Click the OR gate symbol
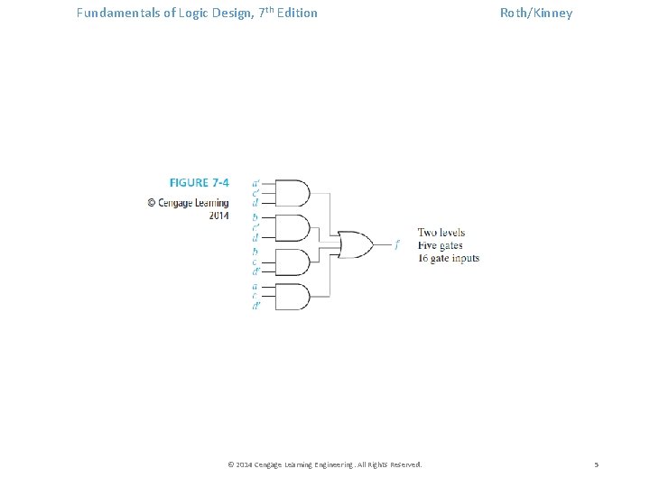(356, 244)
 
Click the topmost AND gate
(292, 192)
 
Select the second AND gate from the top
(292, 227)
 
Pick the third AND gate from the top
(292, 262)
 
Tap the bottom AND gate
(292, 297)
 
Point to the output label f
(397, 244)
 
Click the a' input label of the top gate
(255, 182)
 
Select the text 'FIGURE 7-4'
(199, 182)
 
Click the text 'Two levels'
(441, 233)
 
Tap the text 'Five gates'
(441, 245)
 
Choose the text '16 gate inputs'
(448, 258)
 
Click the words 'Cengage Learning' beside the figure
(193, 203)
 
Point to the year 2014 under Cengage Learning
(218, 216)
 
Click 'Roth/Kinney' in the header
(536, 14)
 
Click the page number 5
(596, 464)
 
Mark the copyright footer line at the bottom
(325, 464)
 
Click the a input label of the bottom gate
(255, 286)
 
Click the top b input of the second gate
(255, 216)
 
